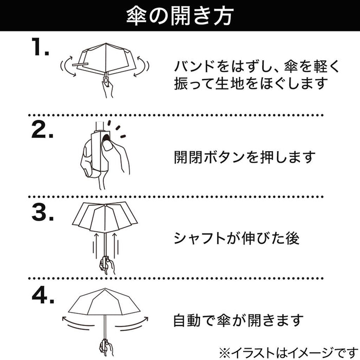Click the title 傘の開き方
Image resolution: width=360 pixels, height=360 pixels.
[x=179, y=15]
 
